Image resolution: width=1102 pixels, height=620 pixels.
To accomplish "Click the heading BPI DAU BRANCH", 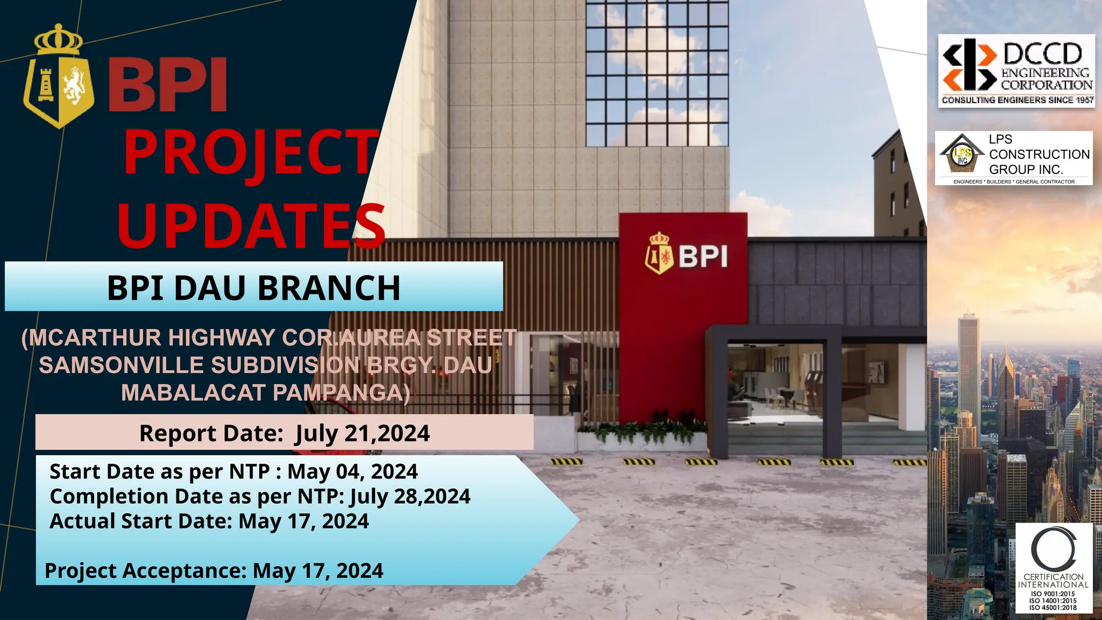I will [x=253, y=288].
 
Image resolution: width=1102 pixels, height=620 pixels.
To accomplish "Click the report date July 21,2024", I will [x=362, y=434].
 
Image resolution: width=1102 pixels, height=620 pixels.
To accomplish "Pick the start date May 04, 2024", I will [x=352, y=471].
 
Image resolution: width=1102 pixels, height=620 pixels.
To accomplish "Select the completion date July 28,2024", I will [x=411, y=496].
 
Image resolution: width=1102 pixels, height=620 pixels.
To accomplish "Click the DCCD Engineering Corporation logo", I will [x=1016, y=71].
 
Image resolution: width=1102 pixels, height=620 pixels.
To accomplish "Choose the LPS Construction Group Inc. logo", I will [x=1014, y=158].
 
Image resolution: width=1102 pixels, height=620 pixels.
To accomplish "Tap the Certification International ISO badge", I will [x=1054, y=568].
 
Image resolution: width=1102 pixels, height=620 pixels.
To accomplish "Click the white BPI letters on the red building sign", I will [x=703, y=256].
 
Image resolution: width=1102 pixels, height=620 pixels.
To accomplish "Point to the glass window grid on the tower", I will [x=656, y=73].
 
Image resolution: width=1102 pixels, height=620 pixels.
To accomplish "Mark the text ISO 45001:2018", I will [x=1053, y=608].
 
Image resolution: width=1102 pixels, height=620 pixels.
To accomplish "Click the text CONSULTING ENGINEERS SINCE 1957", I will [x=1017, y=100].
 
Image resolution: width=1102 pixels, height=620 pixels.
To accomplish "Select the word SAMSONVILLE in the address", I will [x=121, y=365].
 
